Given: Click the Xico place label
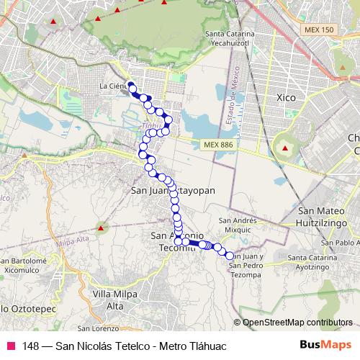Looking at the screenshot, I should [287, 96].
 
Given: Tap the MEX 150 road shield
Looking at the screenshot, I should [319, 29].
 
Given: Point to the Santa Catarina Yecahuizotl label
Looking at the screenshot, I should [230, 38].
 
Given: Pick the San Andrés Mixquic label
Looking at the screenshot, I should [238, 225].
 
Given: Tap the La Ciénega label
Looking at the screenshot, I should [113, 86].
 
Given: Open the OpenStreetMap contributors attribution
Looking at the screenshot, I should [297, 322].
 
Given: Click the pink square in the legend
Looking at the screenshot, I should [10, 346].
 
